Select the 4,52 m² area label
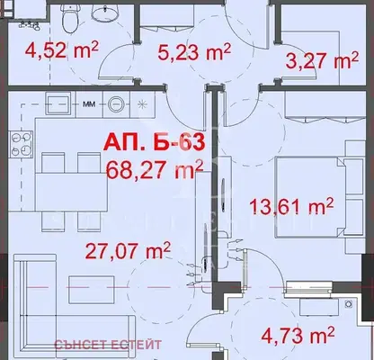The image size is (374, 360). [62, 49]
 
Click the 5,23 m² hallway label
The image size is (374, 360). [194, 52]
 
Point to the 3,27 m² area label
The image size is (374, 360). [322, 60]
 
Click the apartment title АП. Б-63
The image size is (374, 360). [155, 141]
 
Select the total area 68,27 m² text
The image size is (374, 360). [155, 169]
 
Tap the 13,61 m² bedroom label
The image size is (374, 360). [291, 206]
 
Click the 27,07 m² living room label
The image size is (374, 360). [128, 250]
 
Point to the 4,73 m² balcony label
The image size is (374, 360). [298, 336]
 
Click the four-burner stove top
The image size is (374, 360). [22, 145]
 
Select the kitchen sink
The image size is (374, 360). [58, 103]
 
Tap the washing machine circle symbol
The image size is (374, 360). [116, 104]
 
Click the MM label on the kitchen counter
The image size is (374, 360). [89, 104]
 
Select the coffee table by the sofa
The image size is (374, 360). [92, 290]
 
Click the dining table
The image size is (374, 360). [71, 192]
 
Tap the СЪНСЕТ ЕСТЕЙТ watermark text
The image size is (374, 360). [107, 345]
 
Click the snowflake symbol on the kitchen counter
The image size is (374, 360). [142, 104]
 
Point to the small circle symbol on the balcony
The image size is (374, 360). [349, 304]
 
